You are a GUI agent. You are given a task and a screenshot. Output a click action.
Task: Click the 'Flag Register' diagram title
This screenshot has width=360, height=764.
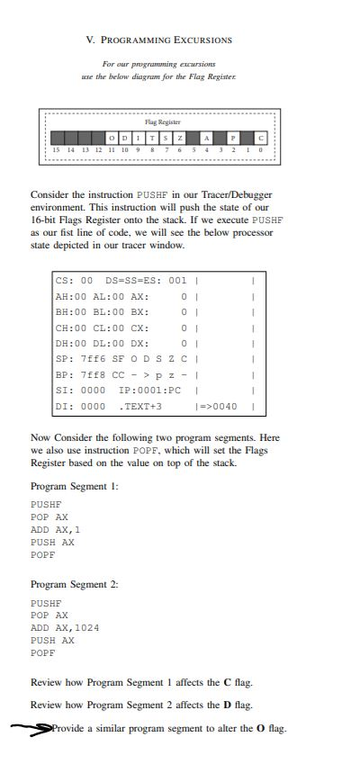[163, 121]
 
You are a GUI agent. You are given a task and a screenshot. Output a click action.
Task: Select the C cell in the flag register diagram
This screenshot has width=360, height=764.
[261, 137]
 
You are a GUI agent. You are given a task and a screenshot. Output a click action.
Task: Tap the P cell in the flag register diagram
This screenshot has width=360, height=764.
[232, 137]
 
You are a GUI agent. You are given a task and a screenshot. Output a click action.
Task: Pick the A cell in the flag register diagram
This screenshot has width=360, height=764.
[206, 137]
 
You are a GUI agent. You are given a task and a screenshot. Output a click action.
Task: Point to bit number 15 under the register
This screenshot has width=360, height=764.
[56, 148]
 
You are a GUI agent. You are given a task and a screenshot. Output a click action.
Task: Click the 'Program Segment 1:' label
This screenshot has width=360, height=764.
[75, 485]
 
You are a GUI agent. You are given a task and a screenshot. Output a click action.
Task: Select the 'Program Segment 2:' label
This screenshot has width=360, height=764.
[75, 584]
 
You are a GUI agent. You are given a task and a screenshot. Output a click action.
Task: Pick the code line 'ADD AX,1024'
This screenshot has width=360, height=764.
[65, 628]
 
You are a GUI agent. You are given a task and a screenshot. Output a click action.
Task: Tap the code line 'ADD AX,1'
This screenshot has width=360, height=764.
[56, 530]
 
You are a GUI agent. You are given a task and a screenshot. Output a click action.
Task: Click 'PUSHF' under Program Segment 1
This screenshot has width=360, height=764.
[46, 505]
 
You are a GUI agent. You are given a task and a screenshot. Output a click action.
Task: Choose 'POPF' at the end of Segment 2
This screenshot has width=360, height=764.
[43, 653]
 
